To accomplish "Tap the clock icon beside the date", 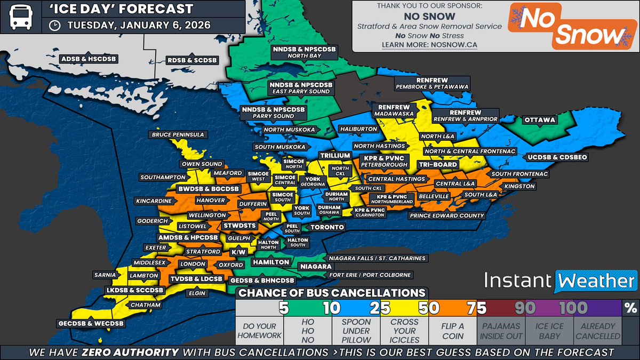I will coord(54,26).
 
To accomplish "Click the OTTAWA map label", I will coord(540,120).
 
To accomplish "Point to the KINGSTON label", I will coord(519,186).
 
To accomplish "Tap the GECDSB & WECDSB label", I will coord(91,324).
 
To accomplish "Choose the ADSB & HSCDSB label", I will coord(89,59).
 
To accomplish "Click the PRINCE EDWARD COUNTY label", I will coord(447,216).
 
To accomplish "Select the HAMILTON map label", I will coord(271,262).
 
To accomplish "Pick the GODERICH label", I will coord(152,220).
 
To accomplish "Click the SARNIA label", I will coord(104,275).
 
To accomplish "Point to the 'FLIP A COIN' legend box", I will coord(452,331).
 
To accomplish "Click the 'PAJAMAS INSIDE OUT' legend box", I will coord(500,331).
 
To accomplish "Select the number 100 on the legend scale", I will coord(573,308).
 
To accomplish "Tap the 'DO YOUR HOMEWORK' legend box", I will coord(259,331).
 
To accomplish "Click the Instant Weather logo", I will coord(560,281).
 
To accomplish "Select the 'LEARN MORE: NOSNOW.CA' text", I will coord(429,45).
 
